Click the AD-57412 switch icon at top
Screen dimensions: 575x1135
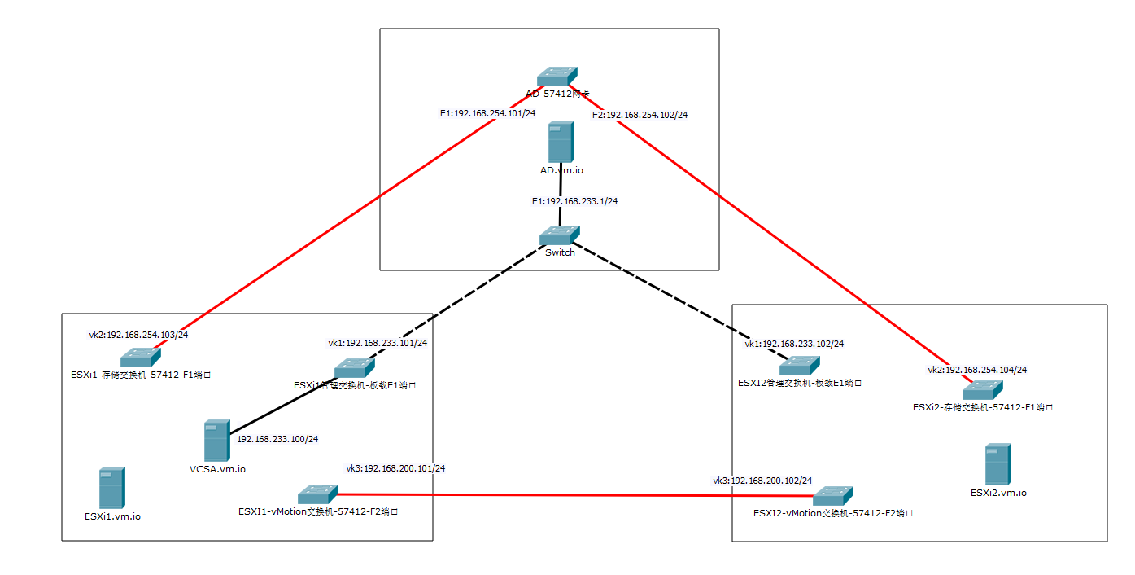tap(557, 76)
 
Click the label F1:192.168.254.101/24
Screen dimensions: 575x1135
tap(487, 113)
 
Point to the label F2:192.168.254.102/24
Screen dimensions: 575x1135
tap(640, 115)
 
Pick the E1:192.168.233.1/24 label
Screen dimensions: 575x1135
tap(569, 201)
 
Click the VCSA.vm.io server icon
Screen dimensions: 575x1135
tap(216, 441)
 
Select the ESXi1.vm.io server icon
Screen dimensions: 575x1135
tap(111, 488)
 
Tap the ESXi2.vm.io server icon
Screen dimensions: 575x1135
tap(997, 464)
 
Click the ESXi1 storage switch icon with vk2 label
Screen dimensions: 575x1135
tap(141, 357)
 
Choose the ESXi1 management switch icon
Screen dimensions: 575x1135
tap(354, 368)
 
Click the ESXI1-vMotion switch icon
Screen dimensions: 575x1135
tap(317, 494)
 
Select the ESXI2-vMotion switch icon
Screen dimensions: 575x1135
tap(833, 495)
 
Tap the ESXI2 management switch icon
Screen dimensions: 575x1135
tap(799, 365)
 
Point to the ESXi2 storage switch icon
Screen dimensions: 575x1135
tap(983, 389)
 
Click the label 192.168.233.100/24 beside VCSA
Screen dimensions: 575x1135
tap(277, 439)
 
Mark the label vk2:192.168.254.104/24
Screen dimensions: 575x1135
tap(977, 370)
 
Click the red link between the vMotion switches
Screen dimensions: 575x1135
tap(570, 495)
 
